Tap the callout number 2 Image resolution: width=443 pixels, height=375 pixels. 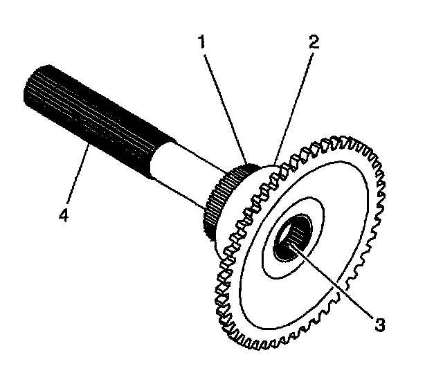(313, 43)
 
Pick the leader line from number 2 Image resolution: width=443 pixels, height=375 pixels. (295, 104)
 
